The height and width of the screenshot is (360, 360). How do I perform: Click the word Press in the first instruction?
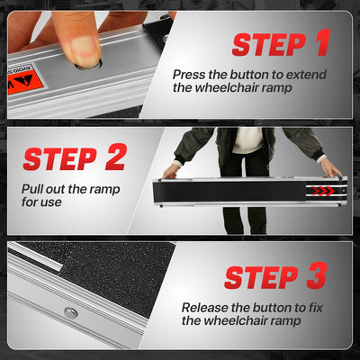click(x=189, y=75)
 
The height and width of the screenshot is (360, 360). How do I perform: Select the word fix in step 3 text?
click(x=315, y=308)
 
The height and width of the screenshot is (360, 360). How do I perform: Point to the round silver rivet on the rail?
click(x=71, y=313)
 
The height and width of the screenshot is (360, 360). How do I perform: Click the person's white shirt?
click(x=247, y=140)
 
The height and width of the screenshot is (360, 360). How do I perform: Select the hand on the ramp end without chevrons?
click(x=172, y=171)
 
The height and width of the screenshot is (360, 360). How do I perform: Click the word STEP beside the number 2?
click(x=60, y=159)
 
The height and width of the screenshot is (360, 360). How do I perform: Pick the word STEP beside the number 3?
click(x=261, y=277)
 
